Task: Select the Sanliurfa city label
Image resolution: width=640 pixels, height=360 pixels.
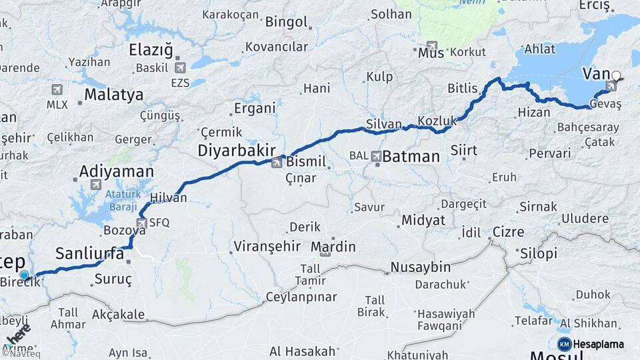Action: (x=89, y=253)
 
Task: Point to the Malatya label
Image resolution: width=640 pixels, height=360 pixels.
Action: (x=113, y=95)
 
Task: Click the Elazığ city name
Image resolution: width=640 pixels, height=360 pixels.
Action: (x=150, y=50)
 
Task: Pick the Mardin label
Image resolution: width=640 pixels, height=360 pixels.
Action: (x=333, y=247)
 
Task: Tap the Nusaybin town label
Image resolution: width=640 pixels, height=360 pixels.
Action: (x=420, y=267)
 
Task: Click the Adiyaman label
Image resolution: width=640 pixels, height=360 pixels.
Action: (x=116, y=171)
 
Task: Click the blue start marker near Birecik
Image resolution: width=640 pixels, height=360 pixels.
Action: (x=25, y=275)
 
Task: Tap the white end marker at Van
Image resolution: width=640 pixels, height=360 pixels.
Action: (x=616, y=76)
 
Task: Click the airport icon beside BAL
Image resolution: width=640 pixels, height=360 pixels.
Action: (x=377, y=156)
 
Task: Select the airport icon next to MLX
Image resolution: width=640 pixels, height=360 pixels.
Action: (x=57, y=89)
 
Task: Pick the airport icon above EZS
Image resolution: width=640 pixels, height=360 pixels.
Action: (x=180, y=67)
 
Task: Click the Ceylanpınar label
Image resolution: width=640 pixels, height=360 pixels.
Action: (x=301, y=297)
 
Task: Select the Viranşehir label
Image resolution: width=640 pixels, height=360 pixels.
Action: (x=267, y=247)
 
